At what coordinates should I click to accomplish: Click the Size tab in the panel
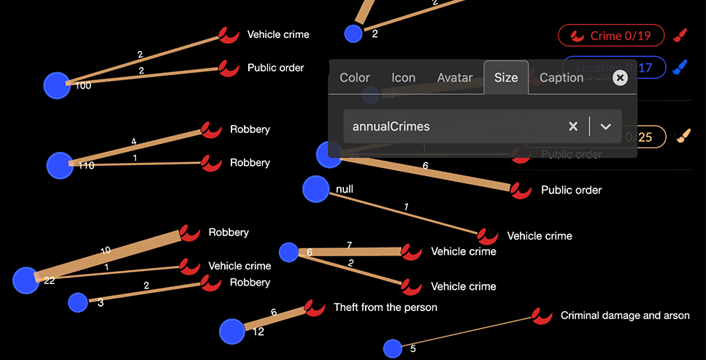(x=506, y=77)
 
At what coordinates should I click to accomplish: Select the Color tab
(x=355, y=77)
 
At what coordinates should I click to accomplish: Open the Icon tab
(x=403, y=77)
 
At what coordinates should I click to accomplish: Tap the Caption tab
(x=561, y=77)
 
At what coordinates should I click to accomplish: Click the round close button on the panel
(x=620, y=77)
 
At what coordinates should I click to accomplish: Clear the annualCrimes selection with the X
(x=573, y=126)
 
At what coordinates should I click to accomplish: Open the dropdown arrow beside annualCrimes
(x=605, y=126)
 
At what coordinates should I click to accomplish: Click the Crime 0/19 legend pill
(x=610, y=35)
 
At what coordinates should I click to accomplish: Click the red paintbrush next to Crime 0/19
(x=680, y=35)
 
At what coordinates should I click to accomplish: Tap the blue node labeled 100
(x=57, y=85)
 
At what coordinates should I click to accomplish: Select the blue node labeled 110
(x=60, y=165)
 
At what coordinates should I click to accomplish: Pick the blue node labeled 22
(x=26, y=280)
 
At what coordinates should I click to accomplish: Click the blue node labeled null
(x=316, y=189)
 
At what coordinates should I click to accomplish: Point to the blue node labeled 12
(x=232, y=331)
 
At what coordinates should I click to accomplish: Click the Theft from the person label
(x=385, y=307)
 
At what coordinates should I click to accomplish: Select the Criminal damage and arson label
(x=624, y=315)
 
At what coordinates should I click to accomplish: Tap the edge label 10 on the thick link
(x=106, y=250)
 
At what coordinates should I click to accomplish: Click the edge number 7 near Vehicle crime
(x=350, y=245)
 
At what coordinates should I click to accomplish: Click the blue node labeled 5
(x=393, y=348)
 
